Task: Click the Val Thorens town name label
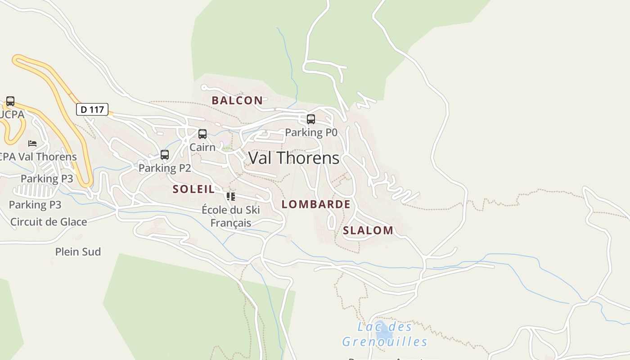click(294, 158)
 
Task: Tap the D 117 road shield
click(92, 109)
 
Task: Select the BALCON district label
click(237, 100)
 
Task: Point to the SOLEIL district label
click(194, 189)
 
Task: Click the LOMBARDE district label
click(316, 204)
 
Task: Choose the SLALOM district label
click(368, 230)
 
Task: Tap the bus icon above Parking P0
click(311, 119)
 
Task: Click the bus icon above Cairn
click(202, 134)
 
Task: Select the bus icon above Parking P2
click(165, 155)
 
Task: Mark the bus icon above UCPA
click(10, 101)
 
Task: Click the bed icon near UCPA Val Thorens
click(32, 144)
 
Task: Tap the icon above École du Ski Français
click(231, 197)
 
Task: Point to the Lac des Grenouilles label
click(384, 334)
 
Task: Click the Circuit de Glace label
click(49, 222)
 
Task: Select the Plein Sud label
click(78, 252)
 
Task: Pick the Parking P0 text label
click(311, 133)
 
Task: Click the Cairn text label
click(202, 147)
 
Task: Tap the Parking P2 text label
click(165, 168)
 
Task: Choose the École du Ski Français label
click(231, 216)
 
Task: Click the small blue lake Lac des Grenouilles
click(383, 334)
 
